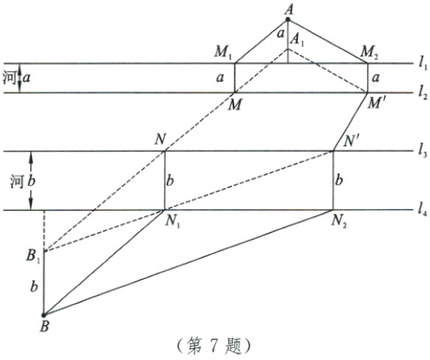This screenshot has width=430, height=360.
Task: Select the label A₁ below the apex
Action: point(296,41)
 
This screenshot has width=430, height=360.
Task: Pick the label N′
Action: point(350,142)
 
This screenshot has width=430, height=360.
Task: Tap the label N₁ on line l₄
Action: point(173,222)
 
